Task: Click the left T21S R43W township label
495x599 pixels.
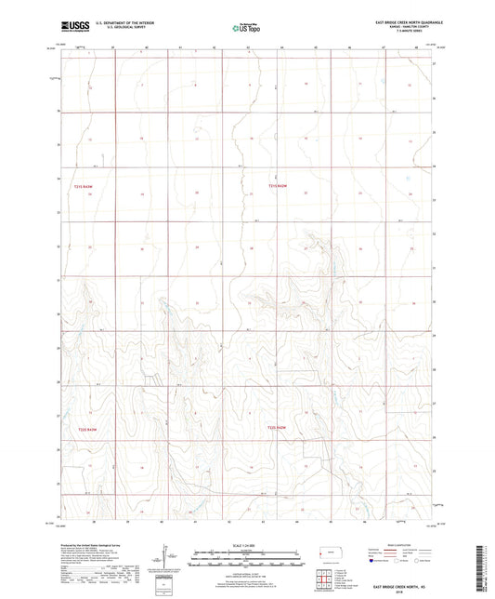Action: coord(84,186)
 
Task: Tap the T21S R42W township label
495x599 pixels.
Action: coord(279,186)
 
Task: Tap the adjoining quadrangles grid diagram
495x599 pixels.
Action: coord(323,579)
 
